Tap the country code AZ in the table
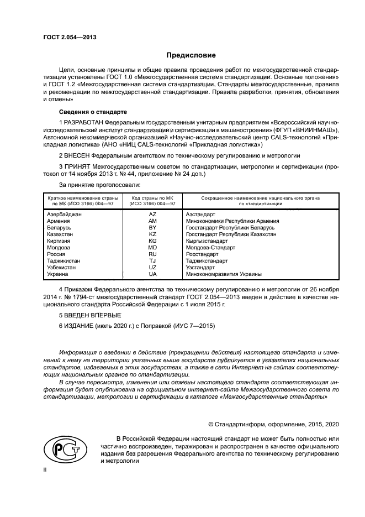coord(153,213)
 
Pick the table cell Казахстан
coord(61,234)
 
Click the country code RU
coord(153,254)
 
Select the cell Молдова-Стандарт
coord(210,247)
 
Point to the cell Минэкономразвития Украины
coord(224,274)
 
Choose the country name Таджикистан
coord(64,260)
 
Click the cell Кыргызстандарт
coord(207,241)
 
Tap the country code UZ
coord(153,267)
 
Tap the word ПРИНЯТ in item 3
coord(78,166)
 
